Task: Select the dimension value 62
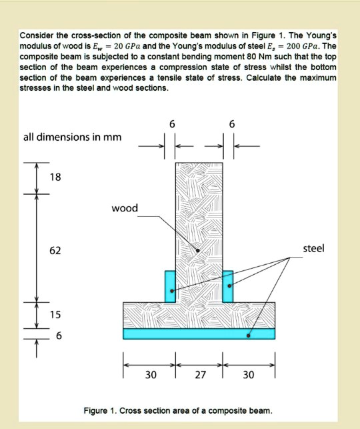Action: (55, 250)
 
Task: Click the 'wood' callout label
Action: (125, 208)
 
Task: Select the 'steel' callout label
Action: (313, 248)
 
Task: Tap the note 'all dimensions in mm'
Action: (72, 137)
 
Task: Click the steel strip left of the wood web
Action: (170, 286)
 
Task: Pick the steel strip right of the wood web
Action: (228, 286)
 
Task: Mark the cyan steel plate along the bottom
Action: (199, 333)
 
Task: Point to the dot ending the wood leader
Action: (198, 250)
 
